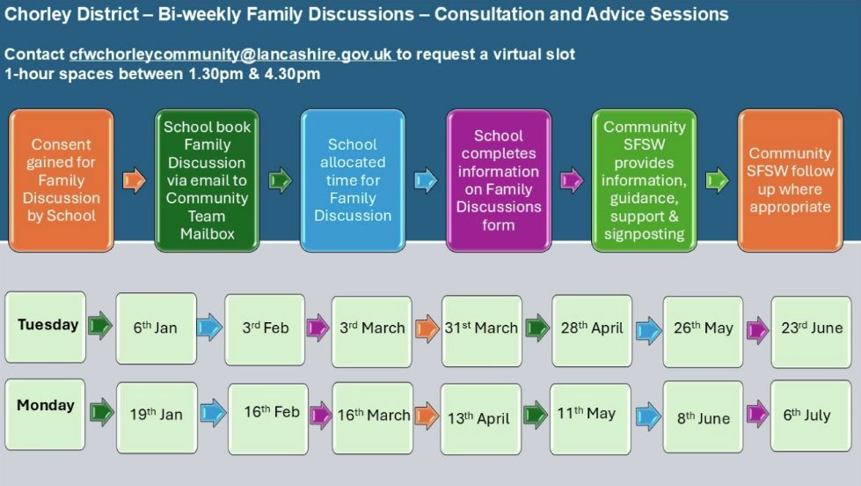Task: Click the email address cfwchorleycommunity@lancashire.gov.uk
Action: [230, 55]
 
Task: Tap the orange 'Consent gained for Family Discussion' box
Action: [61, 180]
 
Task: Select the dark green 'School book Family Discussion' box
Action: [207, 180]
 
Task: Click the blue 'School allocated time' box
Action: [353, 180]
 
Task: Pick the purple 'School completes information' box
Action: [499, 180]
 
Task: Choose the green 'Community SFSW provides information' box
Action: [644, 180]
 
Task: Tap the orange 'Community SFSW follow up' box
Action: [790, 180]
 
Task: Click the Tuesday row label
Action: [46, 328]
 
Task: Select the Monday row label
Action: [45, 415]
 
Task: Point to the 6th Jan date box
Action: [156, 328]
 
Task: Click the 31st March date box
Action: [482, 331]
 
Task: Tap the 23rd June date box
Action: [811, 332]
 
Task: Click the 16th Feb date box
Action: [268, 419]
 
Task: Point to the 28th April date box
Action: [592, 330]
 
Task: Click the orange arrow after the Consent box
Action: [134, 180]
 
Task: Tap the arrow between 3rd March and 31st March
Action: [427, 328]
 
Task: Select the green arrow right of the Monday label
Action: [102, 412]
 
